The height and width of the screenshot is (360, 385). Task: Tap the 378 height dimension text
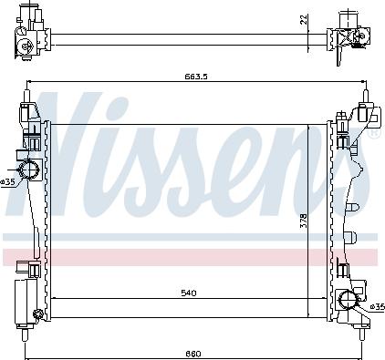(302, 220)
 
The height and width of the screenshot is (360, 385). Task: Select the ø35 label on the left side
(7, 181)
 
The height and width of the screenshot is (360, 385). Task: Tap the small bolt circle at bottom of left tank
(37, 316)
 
